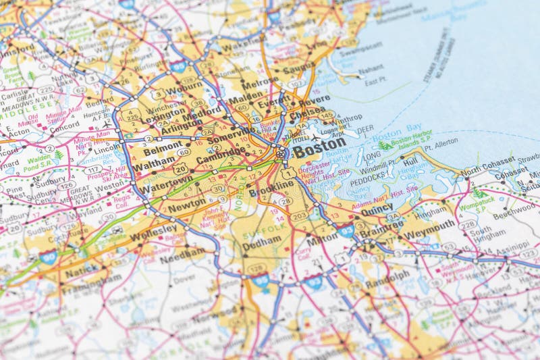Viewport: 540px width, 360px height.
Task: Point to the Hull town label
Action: (x=410, y=162)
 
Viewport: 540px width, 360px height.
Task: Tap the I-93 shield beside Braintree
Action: (x=347, y=231)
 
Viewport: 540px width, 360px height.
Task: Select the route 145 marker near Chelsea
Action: (x=327, y=115)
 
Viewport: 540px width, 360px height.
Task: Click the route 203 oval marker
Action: (x=299, y=215)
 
